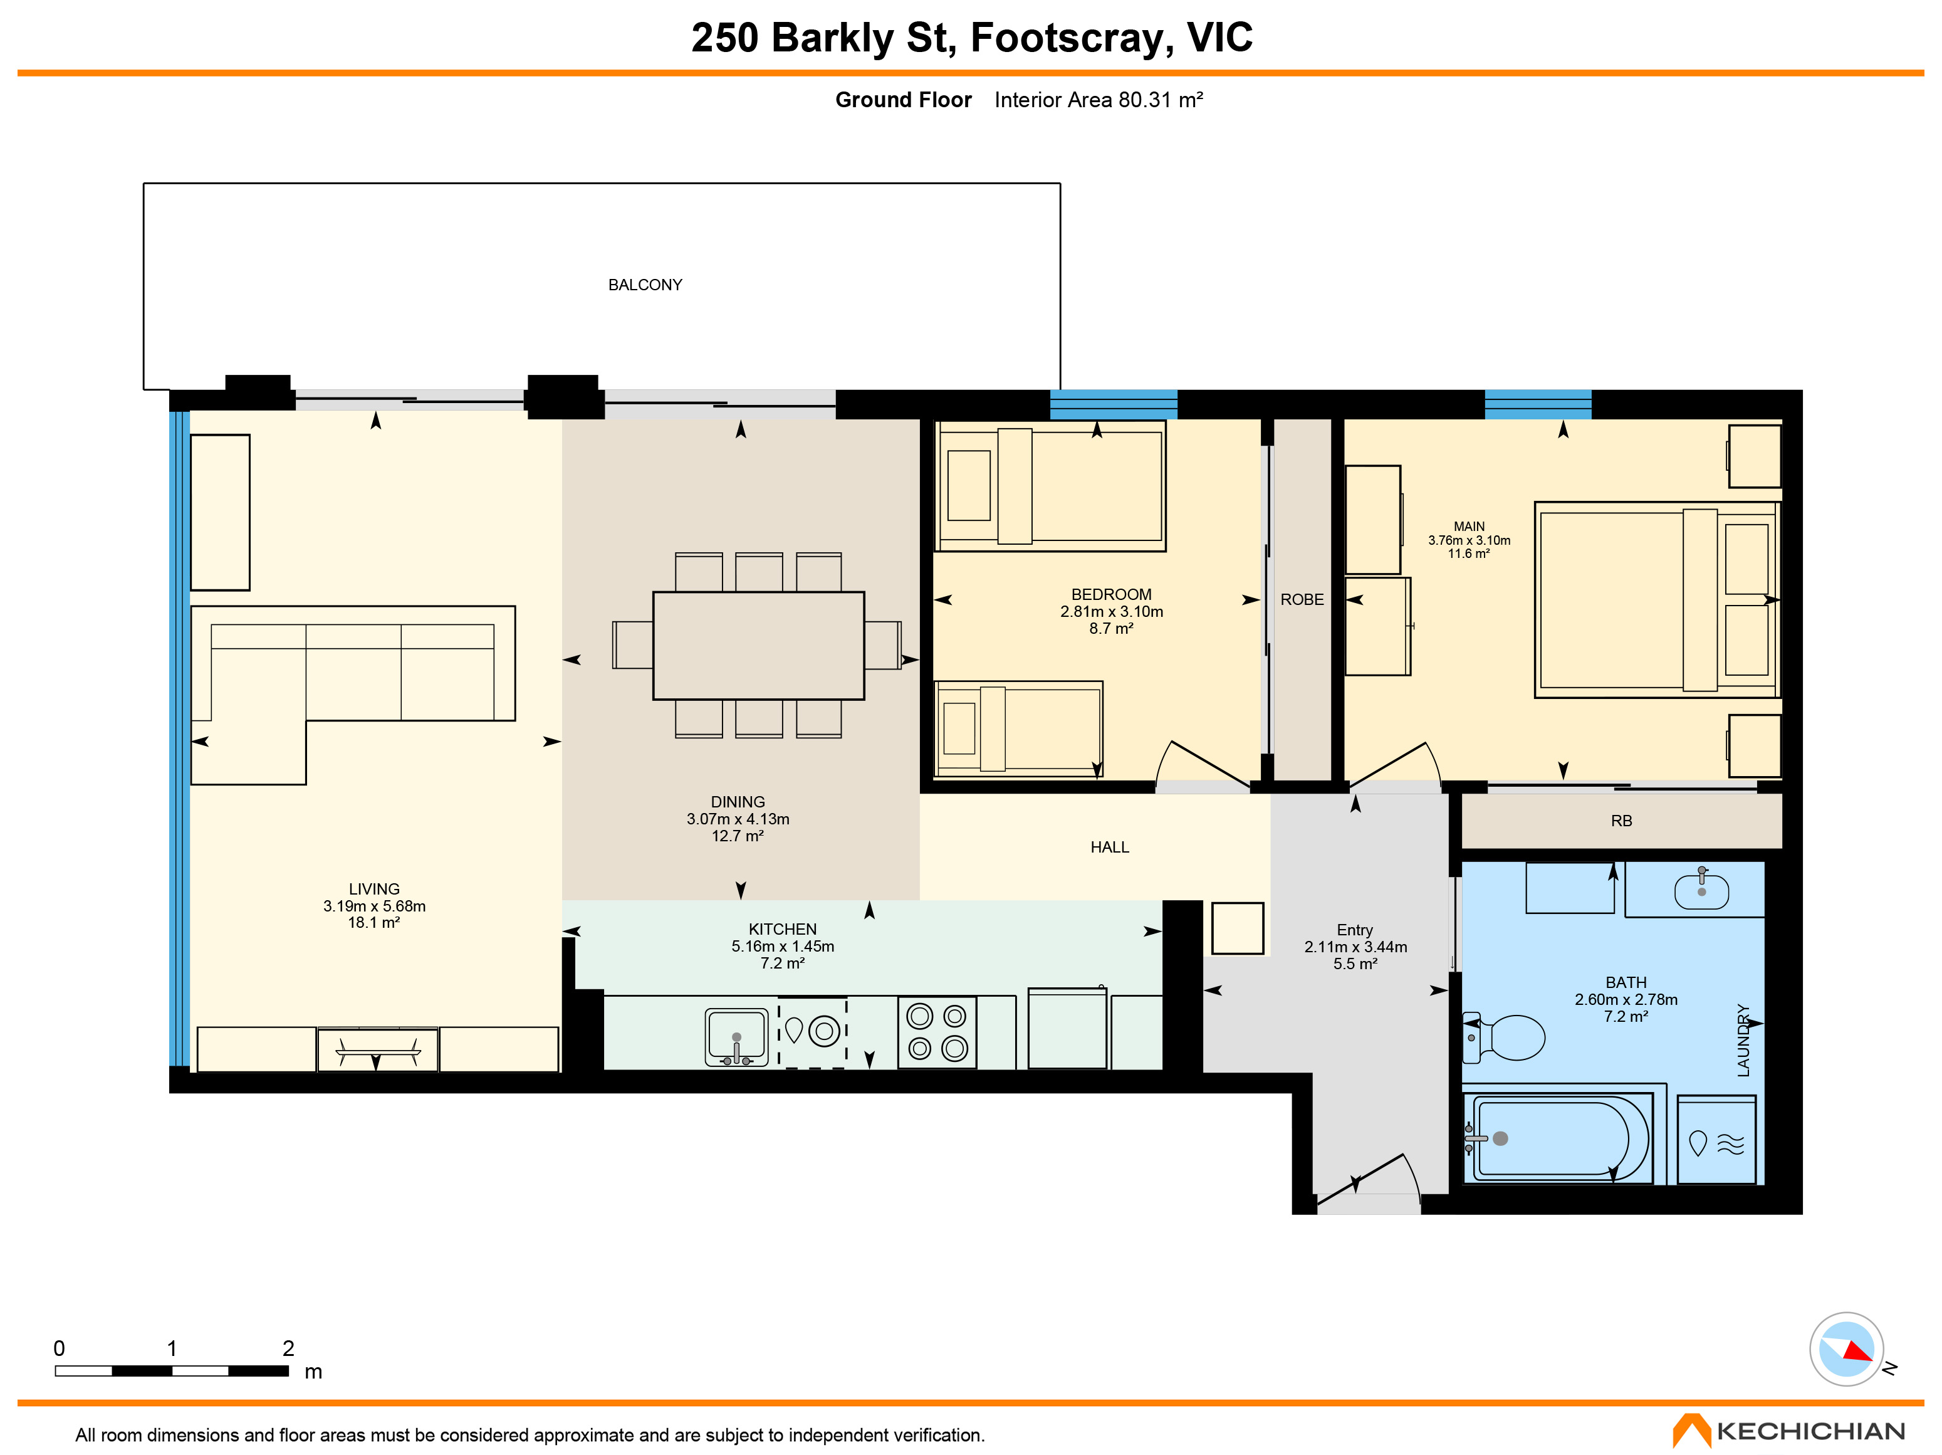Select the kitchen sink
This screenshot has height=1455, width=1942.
coord(736,1036)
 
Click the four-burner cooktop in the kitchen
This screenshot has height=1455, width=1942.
coord(937,1032)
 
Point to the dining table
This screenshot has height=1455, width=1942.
coord(758,646)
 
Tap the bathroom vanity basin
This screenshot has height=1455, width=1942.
coord(1701,890)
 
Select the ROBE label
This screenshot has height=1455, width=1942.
coord(1302,600)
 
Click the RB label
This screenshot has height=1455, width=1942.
coord(1622,821)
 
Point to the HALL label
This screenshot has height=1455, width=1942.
coord(1110,848)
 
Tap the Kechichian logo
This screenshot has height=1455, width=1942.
coord(1788,1431)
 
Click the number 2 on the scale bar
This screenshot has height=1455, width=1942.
coord(288,1348)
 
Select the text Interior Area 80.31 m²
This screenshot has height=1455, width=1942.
coord(1099,100)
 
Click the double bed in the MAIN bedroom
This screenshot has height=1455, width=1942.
coord(1657,601)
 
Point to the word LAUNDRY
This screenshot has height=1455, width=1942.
coord(1743,1041)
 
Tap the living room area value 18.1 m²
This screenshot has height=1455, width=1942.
coord(374,923)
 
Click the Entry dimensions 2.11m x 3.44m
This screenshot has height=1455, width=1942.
coord(1355,947)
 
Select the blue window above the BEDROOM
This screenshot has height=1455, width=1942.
coord(1113,404)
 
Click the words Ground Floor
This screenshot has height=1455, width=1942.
coord(904,100)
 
